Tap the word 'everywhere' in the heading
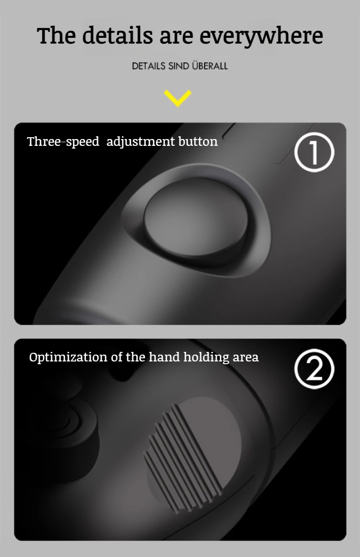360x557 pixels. click(261, 36)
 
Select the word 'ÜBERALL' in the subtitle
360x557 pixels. click(210, 66)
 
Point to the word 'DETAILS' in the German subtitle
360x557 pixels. click(149, 66)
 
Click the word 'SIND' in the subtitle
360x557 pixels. click(179, 66)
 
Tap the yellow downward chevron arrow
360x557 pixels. click(178, 98)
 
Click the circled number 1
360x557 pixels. click(314, 152)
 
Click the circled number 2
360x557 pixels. click(314, 369)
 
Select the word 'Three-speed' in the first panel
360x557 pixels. click(63, 142)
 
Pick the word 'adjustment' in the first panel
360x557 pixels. click(140, 142)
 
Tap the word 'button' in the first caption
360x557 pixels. click(198, 141)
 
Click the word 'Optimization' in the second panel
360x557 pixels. click(68, 357)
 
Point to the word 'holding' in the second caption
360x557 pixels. click(206, 357)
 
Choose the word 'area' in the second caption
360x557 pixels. click(246, 358)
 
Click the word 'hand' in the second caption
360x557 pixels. click(165, 357)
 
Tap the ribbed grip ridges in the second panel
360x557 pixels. click(183, 459)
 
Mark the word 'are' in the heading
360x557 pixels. click(176, 38)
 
